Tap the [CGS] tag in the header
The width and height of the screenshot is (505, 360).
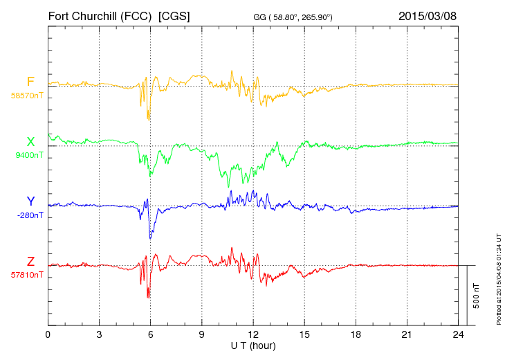pyautogui.click(x=174, y=15)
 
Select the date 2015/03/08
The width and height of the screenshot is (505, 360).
pyautogui.click(x=428, y=15)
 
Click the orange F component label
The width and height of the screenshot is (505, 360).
pyautogui.click(x=30, y=82)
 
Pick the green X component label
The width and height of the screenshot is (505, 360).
pyautogui.click(x=30, y=142)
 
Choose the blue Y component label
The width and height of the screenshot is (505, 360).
pyautogui.click(x=30, y=201)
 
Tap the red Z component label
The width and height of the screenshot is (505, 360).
pyautogui.click(x=30, y=261)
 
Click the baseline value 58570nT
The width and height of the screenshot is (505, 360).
pyautogui.click(x=27, y=96)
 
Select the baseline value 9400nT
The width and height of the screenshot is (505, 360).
pyautogui.click(x=28, y=155)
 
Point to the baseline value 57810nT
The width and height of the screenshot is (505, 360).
pyautogui.click(x=27, y=275)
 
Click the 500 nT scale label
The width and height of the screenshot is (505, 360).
pyautogui.click(x=476, y=296)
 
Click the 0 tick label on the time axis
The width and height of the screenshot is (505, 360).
pyautogui.click(x=48, y=334)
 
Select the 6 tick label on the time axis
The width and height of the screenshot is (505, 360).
pyautogui.click(x=150, y=334)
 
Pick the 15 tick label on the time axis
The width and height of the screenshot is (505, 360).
pyautogui.click(x=304, y=334)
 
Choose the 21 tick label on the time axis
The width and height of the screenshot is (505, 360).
pyautogui.click(x=407, y=334)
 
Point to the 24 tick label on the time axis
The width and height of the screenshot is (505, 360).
pyautogui.click(x=458, y=334)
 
